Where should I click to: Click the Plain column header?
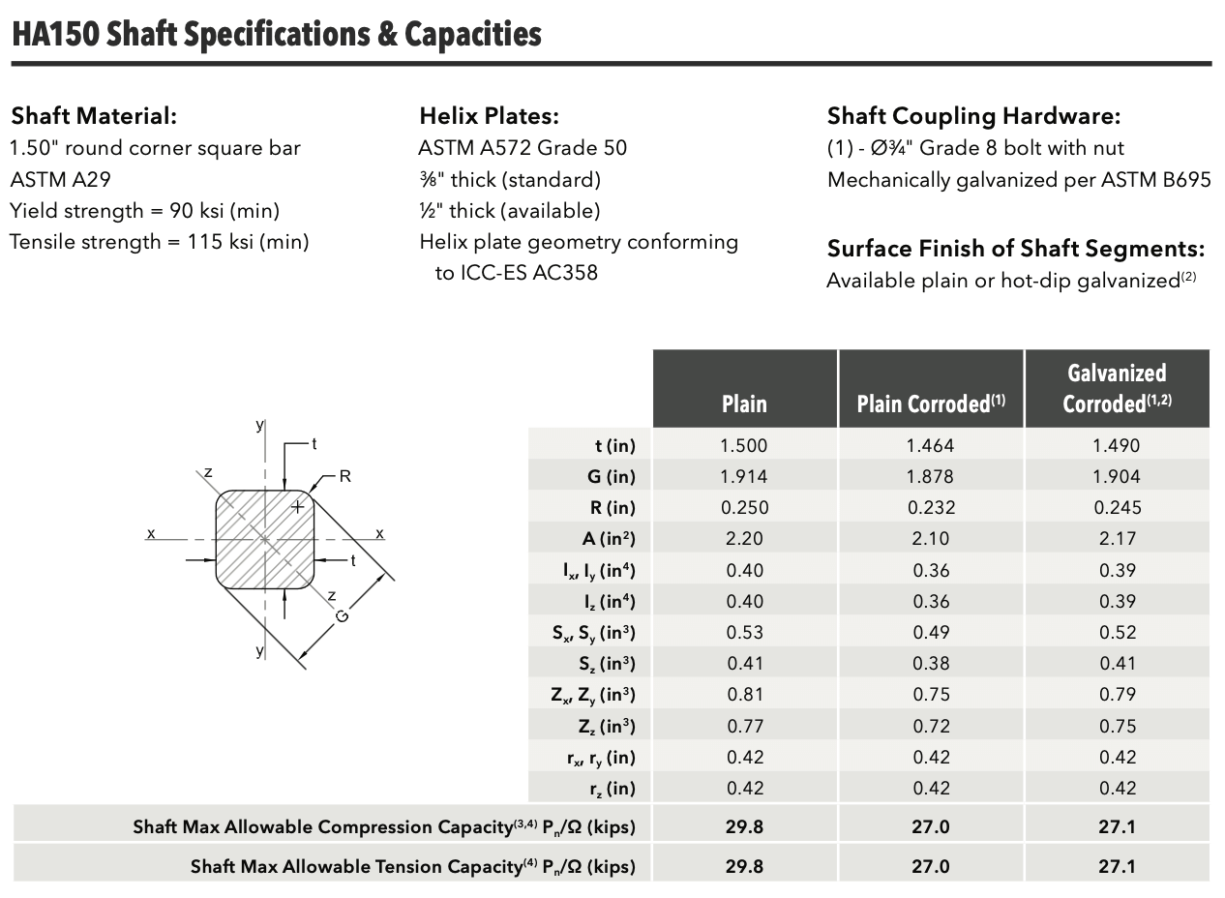click(744, 404)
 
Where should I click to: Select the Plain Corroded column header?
click(931, 404)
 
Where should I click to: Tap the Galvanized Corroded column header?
click(1117, 388)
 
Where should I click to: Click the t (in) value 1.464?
click(930, 446)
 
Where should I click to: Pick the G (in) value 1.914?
click(744, 476)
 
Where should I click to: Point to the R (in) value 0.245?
click(1118, 507)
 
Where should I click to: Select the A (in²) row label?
click(608, 539)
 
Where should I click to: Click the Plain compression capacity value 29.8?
click(744, 827)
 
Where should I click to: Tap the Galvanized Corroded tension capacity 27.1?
click(1117, 867)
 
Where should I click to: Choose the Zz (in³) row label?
click(607, 727)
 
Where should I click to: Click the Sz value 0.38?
click(931, 664)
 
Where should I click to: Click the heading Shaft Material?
click(94, 116)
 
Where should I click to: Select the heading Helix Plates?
click(489, 116)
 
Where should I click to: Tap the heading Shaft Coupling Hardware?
click(974, 116)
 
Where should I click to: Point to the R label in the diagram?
click(344, 476)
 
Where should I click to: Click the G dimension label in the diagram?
click(342, 616)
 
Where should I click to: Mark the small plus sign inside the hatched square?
click(297, 507)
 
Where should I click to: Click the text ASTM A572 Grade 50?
click(523, 148)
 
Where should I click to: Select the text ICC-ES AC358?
click(529, 273)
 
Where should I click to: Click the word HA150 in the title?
click(56, 34)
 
